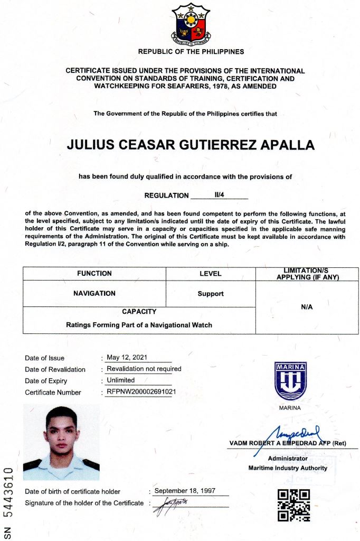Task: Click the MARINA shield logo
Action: (290, 380)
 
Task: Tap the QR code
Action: (293, 505)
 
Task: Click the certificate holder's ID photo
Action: (61, 442)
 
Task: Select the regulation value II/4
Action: (220, 194)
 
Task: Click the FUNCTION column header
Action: (94, 273)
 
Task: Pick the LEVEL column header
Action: (211, 274)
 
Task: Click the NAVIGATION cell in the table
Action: (94, 293)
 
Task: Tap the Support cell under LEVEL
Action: (211, 294)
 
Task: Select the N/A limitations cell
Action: (307, 307)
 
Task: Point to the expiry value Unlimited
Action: (121, 380)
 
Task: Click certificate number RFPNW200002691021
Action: (141, 392)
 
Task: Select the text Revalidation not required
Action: (144, 369)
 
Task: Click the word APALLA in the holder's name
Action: (287, 145)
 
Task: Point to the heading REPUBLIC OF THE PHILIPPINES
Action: (191, 52)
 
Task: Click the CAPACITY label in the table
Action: (139, 312)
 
